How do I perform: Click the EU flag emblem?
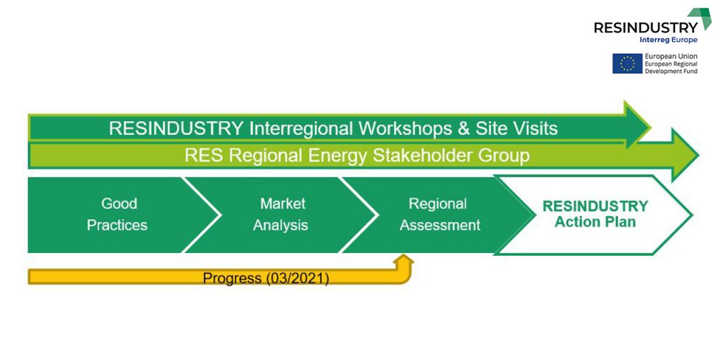(627, 63)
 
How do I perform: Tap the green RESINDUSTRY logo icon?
(700, 18)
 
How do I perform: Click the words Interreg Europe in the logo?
(668, 40)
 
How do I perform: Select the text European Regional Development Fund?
(671, 67)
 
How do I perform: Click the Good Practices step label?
(117, 214)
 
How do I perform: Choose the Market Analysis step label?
(281, 214)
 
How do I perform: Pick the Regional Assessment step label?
(440, 214)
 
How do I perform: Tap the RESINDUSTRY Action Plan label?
(595, 214)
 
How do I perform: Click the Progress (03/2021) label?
(266, 278)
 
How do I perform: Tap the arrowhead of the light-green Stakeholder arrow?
(685, 155)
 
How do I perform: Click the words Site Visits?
(516, 129)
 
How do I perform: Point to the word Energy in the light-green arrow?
(337, 157)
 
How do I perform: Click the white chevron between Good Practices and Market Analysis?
(202, 215)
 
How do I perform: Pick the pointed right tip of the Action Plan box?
(692, 214)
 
